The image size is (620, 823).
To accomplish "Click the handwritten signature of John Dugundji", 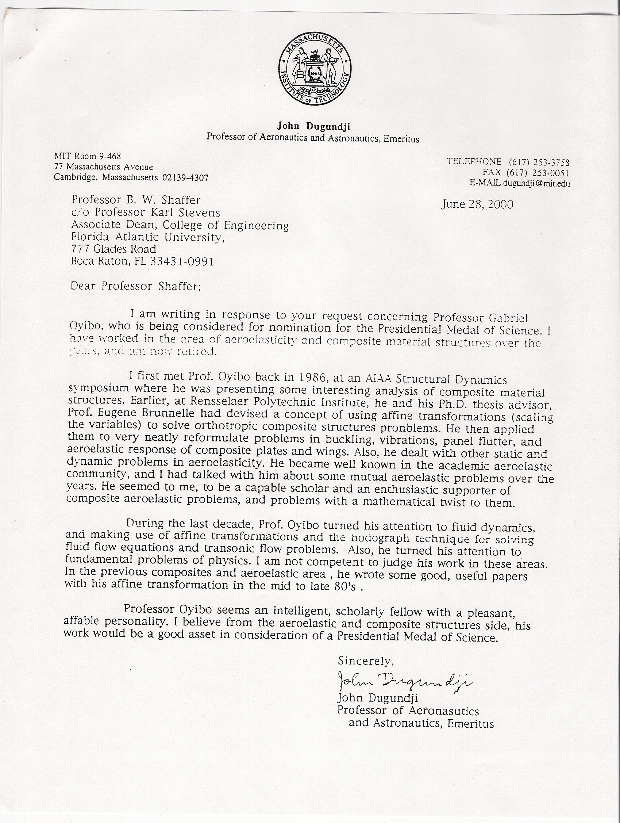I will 404,681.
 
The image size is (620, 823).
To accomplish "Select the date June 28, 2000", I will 477,204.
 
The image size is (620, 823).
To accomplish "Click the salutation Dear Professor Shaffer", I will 136,286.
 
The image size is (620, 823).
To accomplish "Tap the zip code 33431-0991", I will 182,261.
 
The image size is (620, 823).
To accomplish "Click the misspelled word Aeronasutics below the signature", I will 444,710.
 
